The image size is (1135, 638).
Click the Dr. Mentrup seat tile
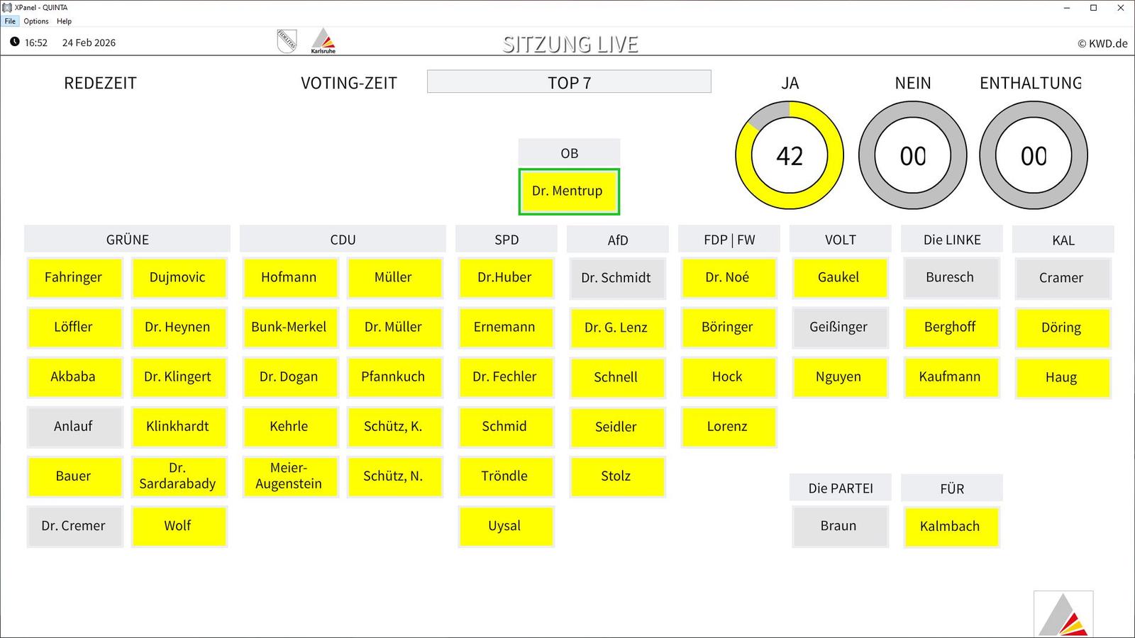tap(568, 191)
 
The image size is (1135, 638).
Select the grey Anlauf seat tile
tap(74, 426)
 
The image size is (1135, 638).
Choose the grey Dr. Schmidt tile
tap(617, 278)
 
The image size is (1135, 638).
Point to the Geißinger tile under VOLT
tap(840, 327)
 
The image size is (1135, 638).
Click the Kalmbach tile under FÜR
tap(951, 527)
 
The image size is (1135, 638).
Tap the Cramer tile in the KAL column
tap(1063, 278)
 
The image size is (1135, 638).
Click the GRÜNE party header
tap(127, 239)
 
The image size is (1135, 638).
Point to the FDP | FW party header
tap(729, 239)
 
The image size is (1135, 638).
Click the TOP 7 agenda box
tap(569, 82)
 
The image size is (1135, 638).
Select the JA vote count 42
tap(790, 155)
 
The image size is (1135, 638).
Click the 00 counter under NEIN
tap(912, 155)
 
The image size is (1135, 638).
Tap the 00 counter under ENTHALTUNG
tap(1034, 155)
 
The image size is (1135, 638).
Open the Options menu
tap(36, 21)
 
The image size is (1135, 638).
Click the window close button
tap(1120, 8)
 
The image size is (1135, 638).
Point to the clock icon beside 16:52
tap(15, 42)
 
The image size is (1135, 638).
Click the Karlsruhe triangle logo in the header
tap(323, 40)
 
